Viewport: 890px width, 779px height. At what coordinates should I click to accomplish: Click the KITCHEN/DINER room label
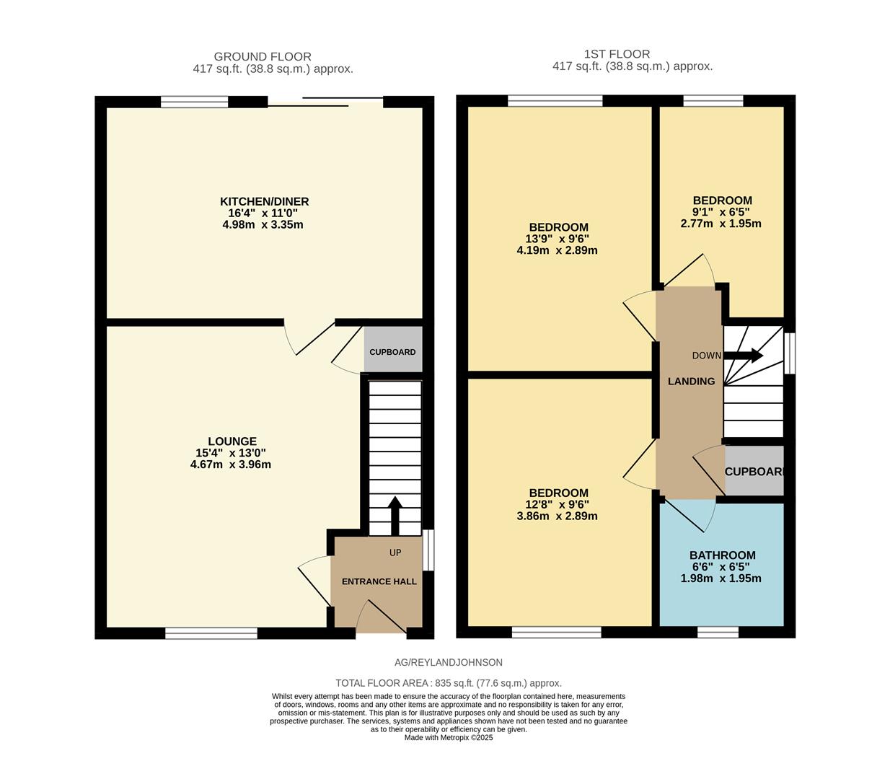click(x=264, y=201)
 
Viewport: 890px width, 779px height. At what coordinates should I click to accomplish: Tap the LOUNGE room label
click(x=232, y=441)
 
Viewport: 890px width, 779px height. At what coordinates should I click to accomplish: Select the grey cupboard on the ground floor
click(x=392, y=351)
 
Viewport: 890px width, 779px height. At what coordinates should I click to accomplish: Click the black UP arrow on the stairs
click(x=395, y=515)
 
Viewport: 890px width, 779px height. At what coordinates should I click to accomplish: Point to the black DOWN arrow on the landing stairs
click(x=743, y=356)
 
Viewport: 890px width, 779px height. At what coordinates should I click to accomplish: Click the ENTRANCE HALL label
click(x=379, y=581)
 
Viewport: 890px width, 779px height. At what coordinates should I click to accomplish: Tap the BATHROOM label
click(x=722, y=555)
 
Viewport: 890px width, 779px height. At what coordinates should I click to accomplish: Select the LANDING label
click(x=691, y=382)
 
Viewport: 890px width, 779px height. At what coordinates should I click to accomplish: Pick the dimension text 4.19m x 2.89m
click(x=556, y=250)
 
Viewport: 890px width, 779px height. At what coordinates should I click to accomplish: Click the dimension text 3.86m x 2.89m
click(x=556, y=516)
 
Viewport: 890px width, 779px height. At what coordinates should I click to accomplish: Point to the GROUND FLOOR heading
click(x=263, y=56)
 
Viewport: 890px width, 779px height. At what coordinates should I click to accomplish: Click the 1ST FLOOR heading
click(x=617, y=54)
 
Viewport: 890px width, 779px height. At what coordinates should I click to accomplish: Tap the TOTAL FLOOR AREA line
click(x=448, y=683)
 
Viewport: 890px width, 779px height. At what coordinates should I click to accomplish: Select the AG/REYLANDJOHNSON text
click(x=448, y=662)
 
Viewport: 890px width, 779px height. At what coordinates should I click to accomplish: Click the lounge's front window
click(x=211, y=633)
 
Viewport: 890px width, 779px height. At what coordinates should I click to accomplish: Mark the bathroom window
click(x=718, y=633)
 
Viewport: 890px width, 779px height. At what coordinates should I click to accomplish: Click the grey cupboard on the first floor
click(x=754, y=471)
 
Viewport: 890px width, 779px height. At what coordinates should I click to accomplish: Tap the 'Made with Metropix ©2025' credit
click(x=448, y=738)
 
